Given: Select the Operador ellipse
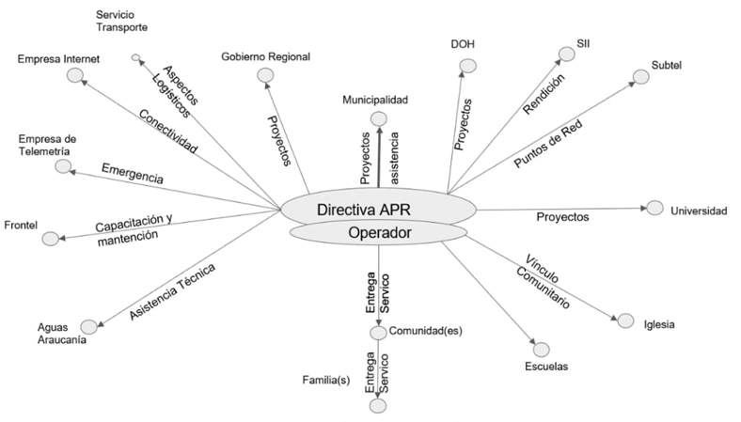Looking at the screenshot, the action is (x=379, y=232).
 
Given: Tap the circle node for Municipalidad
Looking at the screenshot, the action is (x=379, y=118).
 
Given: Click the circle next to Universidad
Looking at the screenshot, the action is (x=655, y=209).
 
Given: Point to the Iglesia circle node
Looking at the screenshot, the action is (x=625, y=320).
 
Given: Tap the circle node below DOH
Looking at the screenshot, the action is (x=468, y=66).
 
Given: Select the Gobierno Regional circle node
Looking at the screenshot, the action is (x=264, y=78).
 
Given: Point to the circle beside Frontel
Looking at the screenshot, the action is (x=50, y=239).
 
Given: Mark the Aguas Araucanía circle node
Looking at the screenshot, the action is (x=88, y=326).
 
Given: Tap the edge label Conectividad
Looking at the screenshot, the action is (x=167, y=132).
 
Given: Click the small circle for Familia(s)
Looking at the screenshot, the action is (x=379, y=405).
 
